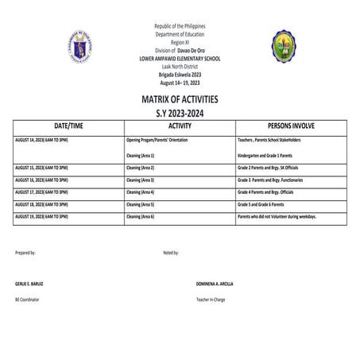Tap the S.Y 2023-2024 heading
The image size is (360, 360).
(180, 113)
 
